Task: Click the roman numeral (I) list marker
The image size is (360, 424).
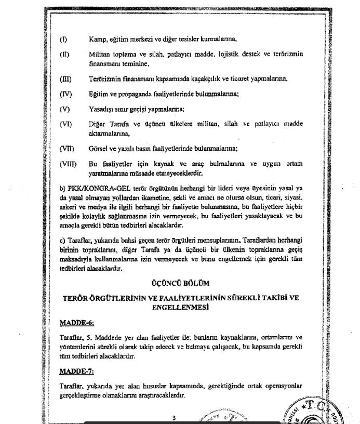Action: pyautogui.click(x=64, y=39)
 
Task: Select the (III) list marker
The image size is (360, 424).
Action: pyautogui.click(x=65, y=79)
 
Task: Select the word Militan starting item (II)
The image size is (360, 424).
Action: pyautogui.click(x=101, y=55)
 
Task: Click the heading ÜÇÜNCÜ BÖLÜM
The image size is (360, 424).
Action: pyautogui.click(x=179, y=283)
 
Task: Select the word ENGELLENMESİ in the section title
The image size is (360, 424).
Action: pyautogui.click(x=179, y=307)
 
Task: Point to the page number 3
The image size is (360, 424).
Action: pyautogui.click(x=175, y=418)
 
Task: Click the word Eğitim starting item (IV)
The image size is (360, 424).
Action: pyautogui.click(x=100, y=94)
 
